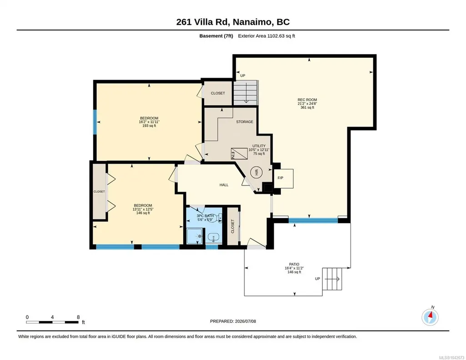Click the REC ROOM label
click(307, 100)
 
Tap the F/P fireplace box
click(284, 179)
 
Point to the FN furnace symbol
click(239, 154)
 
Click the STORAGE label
click(245, 122)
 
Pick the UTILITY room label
click(259, 146)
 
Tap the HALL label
click(224, 185)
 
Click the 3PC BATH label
click(205, 216)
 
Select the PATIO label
click(294, 265)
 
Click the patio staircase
click(332, 279)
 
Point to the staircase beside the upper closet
click(245, 92)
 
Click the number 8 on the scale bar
click(78, 317)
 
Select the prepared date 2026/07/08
click(246, 321)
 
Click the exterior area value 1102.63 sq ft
click(281, 36)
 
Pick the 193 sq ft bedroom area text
click(149, 125)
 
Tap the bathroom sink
click(213, 237)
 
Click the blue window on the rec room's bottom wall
click(313, 220)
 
